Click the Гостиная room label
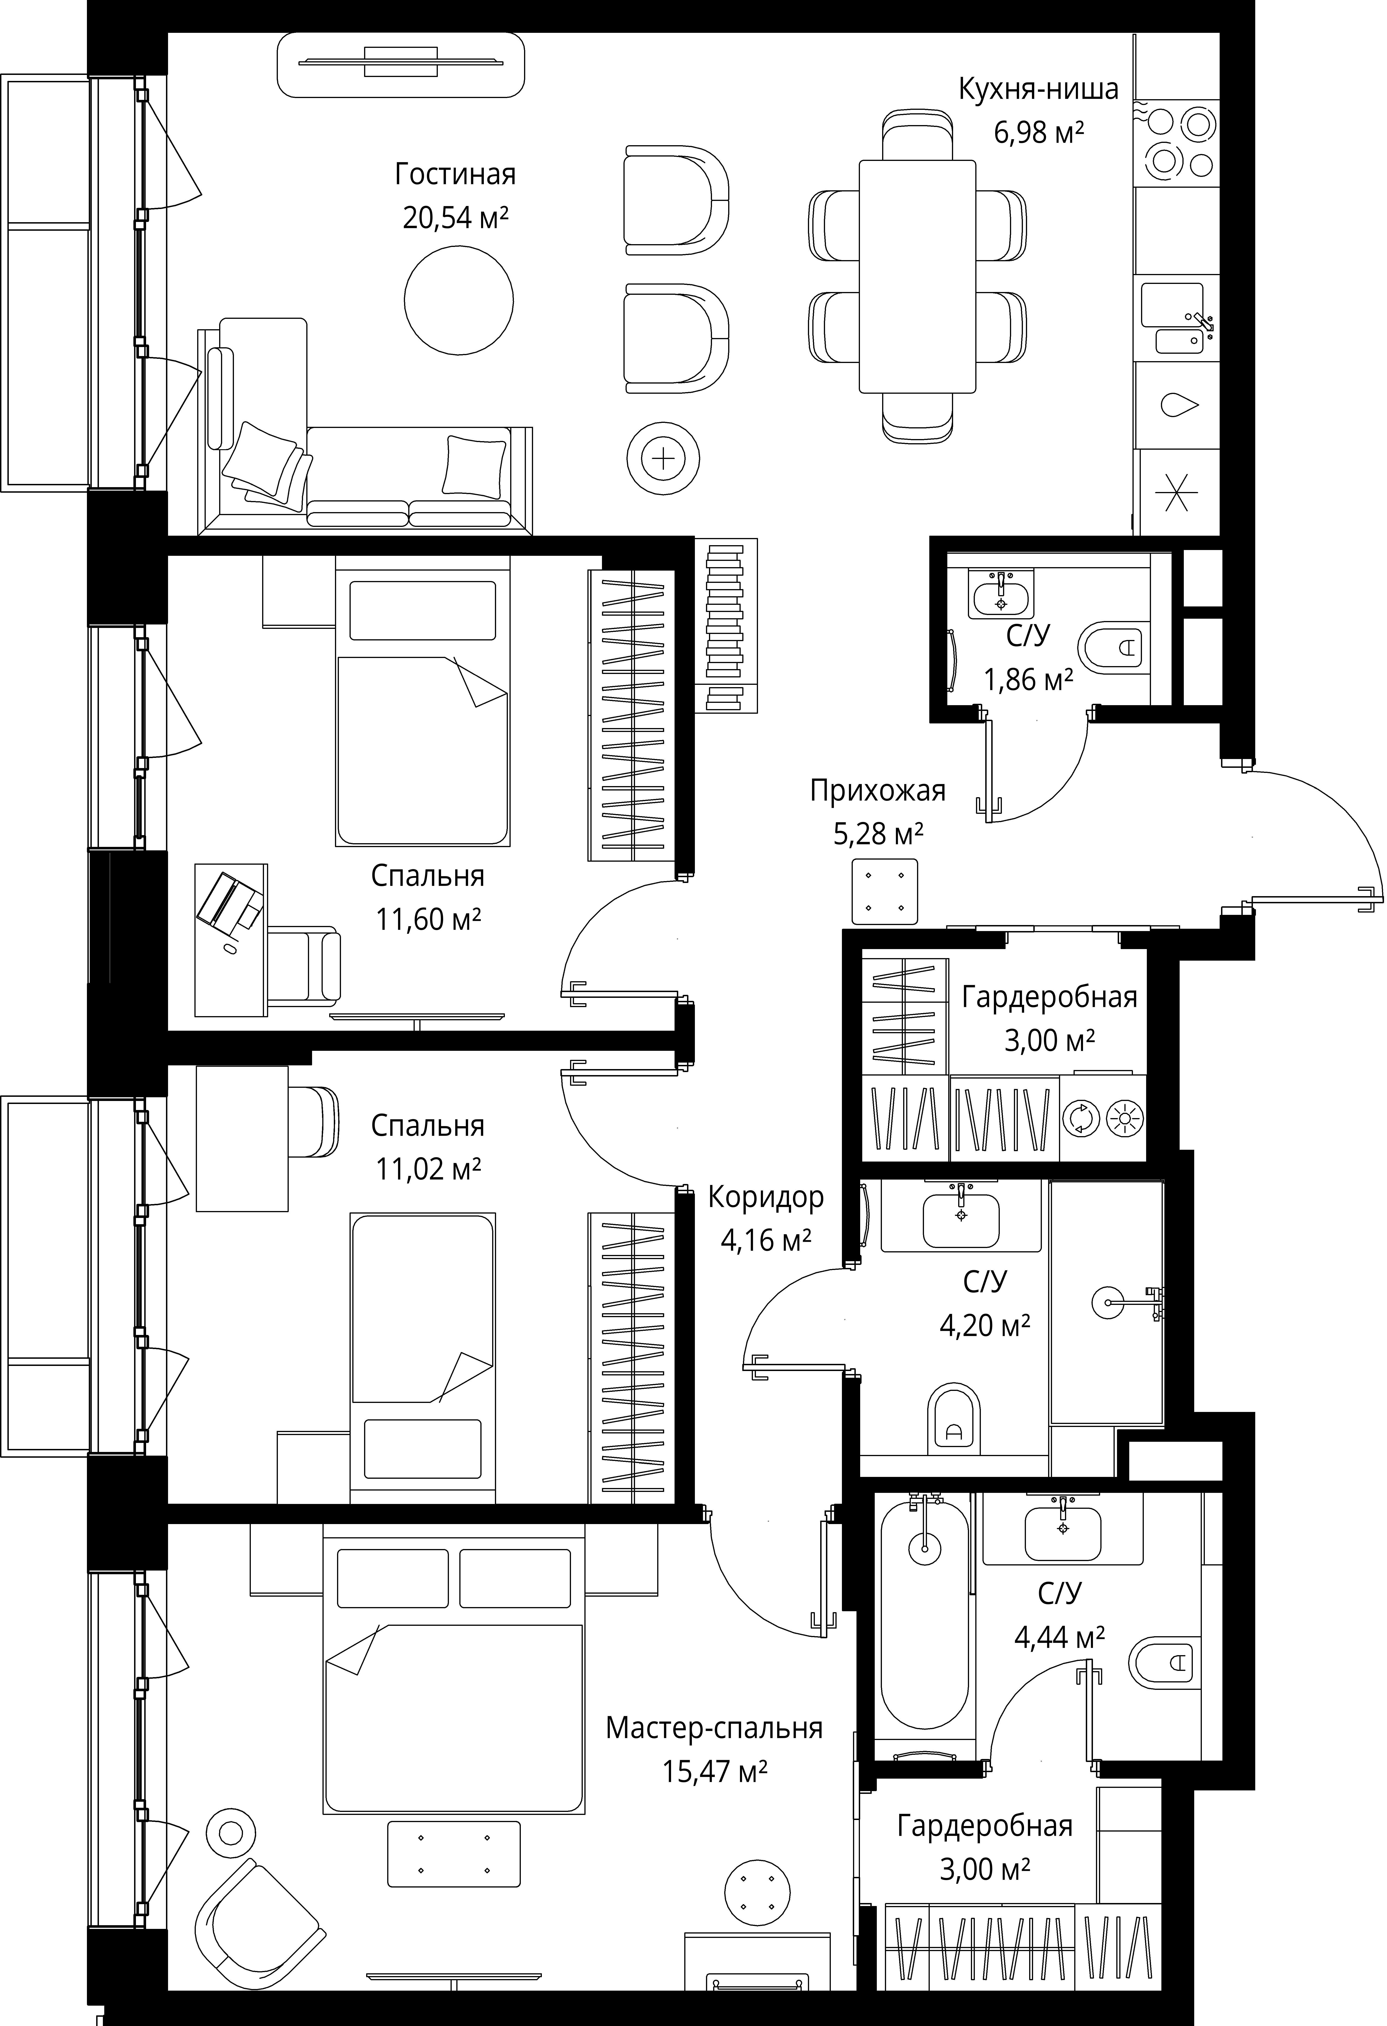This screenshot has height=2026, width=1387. click(x=455, y=174)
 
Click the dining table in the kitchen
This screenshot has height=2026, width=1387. click(x=917, y=277)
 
